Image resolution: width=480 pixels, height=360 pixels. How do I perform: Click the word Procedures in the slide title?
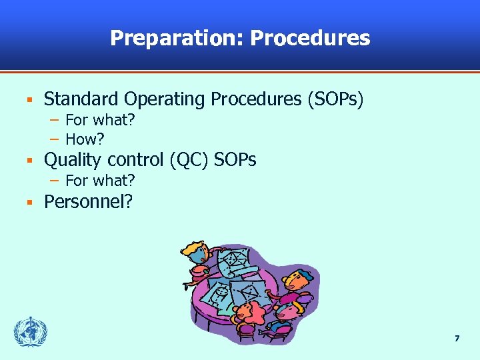310,38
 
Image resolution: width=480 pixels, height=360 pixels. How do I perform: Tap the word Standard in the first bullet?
71,99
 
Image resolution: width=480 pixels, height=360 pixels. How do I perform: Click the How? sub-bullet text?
85,139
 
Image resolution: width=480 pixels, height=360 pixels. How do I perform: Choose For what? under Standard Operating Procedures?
100,120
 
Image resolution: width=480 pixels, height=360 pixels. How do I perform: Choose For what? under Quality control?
100,180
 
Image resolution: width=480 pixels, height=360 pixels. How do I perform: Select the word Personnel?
88,201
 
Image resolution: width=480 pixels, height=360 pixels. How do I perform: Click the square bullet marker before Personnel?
29,202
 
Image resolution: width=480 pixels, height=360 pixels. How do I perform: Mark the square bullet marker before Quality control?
29,161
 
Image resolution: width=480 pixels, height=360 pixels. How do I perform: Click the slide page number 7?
457,339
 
